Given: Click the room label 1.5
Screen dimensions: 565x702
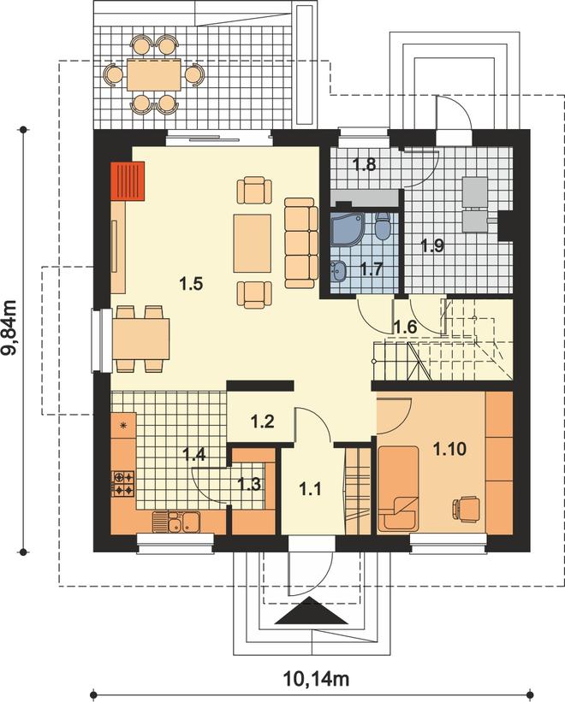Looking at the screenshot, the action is [191, 284].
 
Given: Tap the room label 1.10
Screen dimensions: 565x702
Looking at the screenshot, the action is [449, 449].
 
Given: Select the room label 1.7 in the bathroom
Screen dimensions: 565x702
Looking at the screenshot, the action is [372, 269].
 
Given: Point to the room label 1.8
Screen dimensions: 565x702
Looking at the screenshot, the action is [364, 165].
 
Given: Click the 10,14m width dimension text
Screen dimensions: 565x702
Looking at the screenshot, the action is [317, 679].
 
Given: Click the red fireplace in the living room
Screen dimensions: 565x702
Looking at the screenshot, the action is [128, 180].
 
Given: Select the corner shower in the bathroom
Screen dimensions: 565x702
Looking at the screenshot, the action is [347, 229].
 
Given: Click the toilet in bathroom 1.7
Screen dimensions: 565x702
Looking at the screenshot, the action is [383, 226].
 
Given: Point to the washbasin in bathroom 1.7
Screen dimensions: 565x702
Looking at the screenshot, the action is [338, 271].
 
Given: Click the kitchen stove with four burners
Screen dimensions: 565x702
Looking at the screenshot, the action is [122, 483].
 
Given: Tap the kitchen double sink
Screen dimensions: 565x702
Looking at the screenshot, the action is [176, 522].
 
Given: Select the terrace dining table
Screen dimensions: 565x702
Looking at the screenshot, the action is [154, 74].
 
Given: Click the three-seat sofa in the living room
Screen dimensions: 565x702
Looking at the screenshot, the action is [301, 243].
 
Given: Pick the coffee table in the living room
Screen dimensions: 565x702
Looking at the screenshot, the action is [252, 243].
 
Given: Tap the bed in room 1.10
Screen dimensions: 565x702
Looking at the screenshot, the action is [399, 487].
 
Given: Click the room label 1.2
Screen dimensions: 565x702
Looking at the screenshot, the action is [262, 422].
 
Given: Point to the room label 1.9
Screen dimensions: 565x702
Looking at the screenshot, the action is [432, 245].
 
